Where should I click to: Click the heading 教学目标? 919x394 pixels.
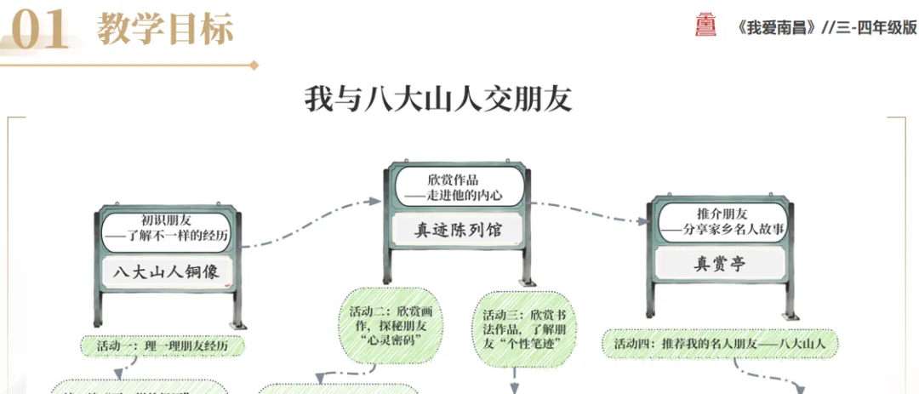(x=165, y=30)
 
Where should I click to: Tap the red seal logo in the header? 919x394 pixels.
(x=706, y=26)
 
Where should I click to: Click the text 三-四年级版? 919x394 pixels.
(x=877, y=26)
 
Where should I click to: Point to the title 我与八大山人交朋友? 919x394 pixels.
(x=438, y=99)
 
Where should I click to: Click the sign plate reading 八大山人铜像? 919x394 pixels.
(x=166, y=272)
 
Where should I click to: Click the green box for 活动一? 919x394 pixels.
(x=164, y=346)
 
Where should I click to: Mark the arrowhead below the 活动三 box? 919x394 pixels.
(x=516, y=387)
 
